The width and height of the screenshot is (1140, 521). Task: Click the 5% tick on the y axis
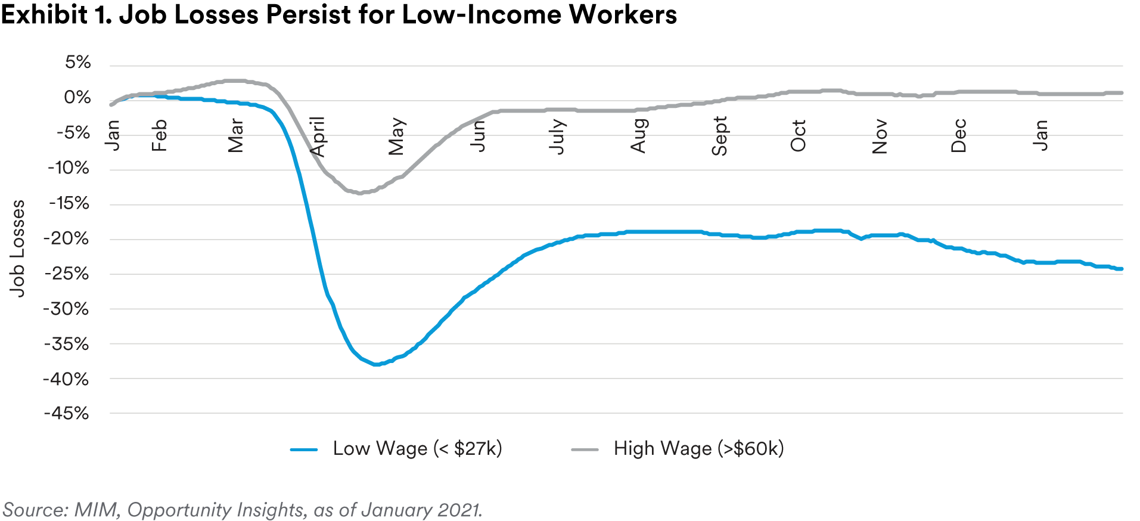pyautogui.click(x=78, y=63)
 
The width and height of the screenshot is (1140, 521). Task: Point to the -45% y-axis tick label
pyautogui.click(x=66, y=413)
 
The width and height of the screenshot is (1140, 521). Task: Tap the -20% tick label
pyautogui.click(x=66, y=238)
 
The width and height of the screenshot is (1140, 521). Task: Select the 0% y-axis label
pyautogui.click(x=77, y=97)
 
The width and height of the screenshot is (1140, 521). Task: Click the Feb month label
pyautogui.click(x=159, y=135)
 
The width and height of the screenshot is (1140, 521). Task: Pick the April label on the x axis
pyautogui.click(x=318, y=137)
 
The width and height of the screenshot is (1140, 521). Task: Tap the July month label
pyautogui.click(x=557, y=137)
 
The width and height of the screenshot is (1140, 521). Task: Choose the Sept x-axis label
pyautogui.click(x=719, y=137)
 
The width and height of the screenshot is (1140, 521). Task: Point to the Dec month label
pyautogui.click(x=958, y=136)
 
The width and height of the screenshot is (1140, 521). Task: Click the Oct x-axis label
pyautogui.click(x=798, y=136)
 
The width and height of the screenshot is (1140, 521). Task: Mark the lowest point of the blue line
pyautogui.click(x=376, y=364)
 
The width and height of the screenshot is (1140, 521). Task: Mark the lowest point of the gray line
pyautogui.click(x=360, y=193)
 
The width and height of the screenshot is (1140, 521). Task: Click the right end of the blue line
pyautogui.click(x=1122, y=269)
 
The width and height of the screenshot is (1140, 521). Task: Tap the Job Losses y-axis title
pyautogui.click(x=17, y=248)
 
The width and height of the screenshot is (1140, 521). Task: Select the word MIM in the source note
pyautogui.click(x=98, y=510)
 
